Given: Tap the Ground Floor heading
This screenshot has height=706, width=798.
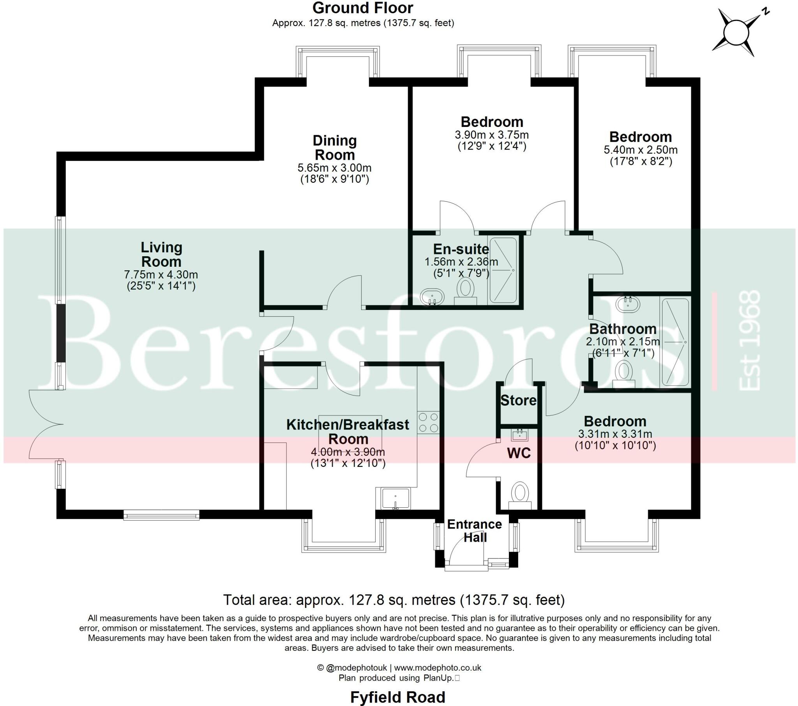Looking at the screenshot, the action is click(363, 8).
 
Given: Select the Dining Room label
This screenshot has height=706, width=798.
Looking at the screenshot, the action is click(335, 148).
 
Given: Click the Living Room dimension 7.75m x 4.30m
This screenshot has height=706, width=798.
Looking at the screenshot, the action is click(161, 275).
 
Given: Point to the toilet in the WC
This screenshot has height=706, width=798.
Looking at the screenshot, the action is click(520, 495).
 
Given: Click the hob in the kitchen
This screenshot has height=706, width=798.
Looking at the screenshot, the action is click(428, 423).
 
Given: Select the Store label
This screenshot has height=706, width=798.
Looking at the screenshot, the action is click(519, 400).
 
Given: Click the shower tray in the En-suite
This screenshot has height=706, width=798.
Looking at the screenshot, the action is click(503, 270).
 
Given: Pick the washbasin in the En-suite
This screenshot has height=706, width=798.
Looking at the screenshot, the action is click(433, 297).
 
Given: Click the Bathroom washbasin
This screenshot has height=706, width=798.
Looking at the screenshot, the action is click(628, 304).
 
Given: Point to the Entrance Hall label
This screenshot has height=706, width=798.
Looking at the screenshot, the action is click(475, 530).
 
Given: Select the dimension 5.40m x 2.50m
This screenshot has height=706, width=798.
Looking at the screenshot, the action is click(641, 150).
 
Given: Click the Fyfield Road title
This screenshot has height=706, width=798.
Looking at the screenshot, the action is click(397, 697).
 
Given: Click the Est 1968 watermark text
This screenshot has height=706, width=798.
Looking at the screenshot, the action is click(749, 340).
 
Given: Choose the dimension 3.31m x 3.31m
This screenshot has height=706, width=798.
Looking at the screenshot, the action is click(615, 433).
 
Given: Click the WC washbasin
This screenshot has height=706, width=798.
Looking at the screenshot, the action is click(520, 434).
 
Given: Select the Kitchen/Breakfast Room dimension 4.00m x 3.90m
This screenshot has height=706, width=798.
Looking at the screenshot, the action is click(348, 452).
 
